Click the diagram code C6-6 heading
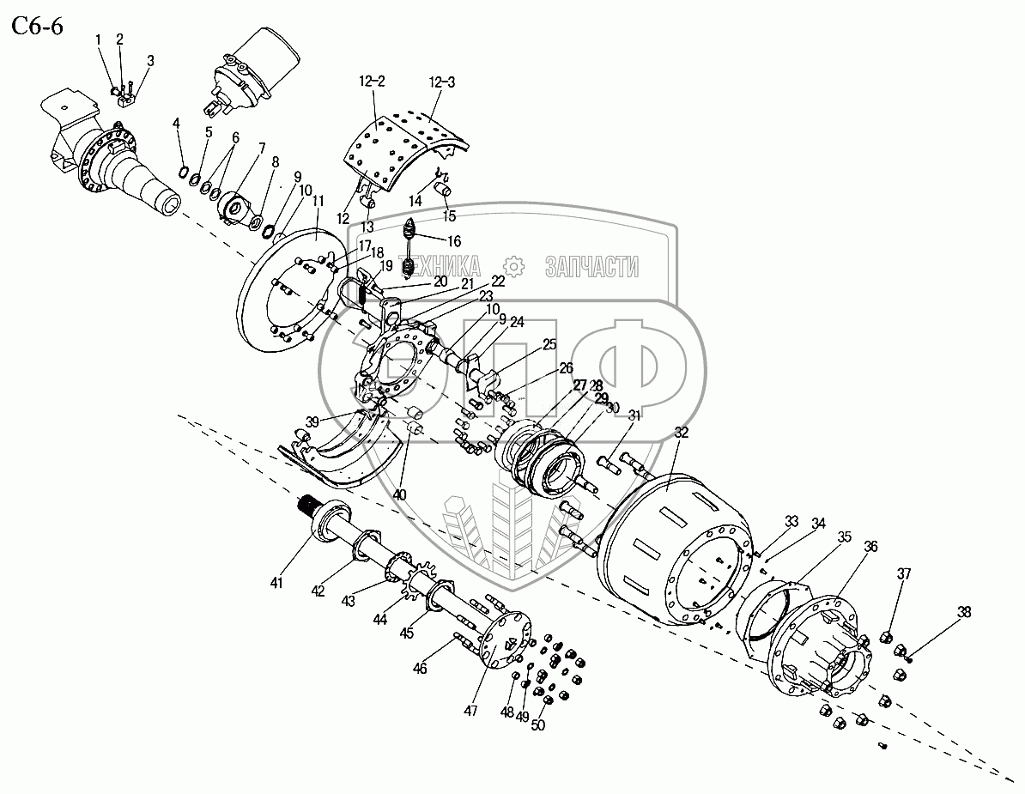pyautogui.click(x=38, y=27)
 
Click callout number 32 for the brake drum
pyautogui.click(x=682, y=433)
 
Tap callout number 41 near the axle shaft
pyautogui.click(x=276, y=583)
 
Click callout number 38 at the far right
pyautogui.click(x=964, y=612)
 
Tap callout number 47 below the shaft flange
pyautogui.click(x=470, y=710)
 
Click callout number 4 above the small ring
pyautogui.click(x=176, y=124)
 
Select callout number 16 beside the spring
pyautogui.click(x=453, y=241)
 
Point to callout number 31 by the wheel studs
pyautogui.click(x=634, y=416)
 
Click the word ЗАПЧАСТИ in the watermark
pyautogui.click(x=591, y=267)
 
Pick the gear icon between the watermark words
pyautogui.click(x=513, y=266)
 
